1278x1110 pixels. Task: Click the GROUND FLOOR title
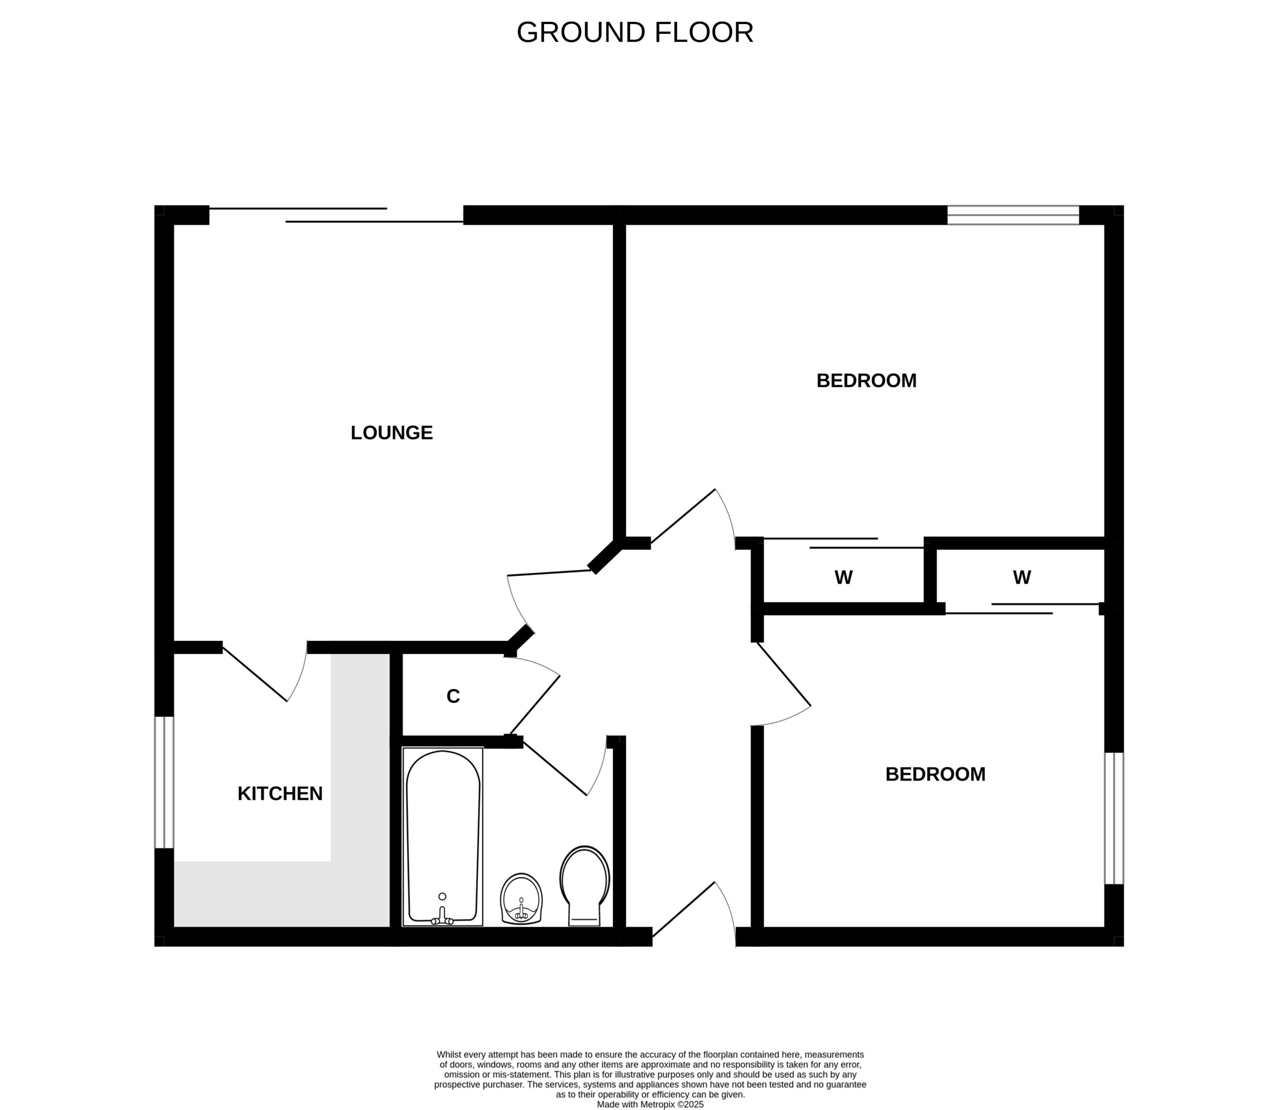pyautogui.click(x=635, y=32)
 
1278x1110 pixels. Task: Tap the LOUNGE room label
pyautogui.click(x=391, y=432)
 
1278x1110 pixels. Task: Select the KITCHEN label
pyautogui.click(x=280, y=794)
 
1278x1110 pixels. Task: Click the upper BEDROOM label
pyautogui.click(x=866, y=380)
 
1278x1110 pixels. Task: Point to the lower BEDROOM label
pyautogui.click(x=935, y=774)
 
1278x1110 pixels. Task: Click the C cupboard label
pyautogui.click(x=453, y=696)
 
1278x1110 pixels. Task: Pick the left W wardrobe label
pyautogui.click(x=843, y=577)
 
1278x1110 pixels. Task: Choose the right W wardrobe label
pyautogui.click(x=1021, y=577)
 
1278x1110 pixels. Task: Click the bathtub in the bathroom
pyautogui.click(x=442, y=837)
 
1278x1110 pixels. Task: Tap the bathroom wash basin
pyautogui.click(x=522, y=899)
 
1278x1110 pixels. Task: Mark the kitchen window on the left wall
pyautogui.click(x=164, y=782)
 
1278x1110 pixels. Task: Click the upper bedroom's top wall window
pyautogui.click(x=1013, y=215)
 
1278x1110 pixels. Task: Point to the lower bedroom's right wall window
pyautogui.click(x=1114, y=818)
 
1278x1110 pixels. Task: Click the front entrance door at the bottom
pyautogui.click(x=684, y=909)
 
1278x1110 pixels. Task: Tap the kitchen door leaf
pyautogui.click(x=255, y=675)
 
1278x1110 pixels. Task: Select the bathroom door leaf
pyautogui.click(x=555, y=768)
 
